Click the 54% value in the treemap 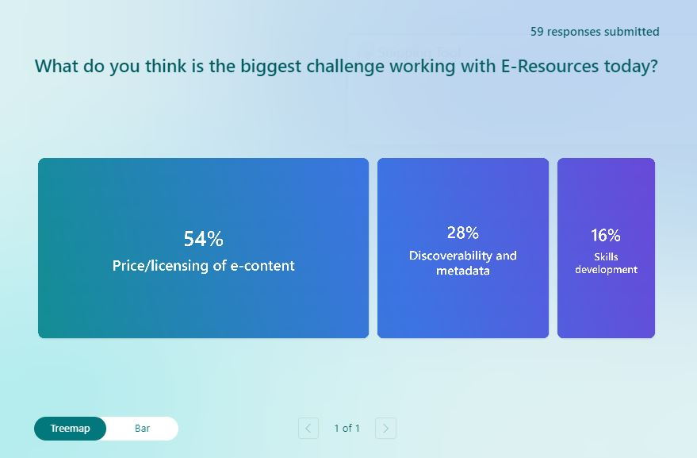point(203,239)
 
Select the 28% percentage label point(463,233)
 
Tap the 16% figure point(606,235)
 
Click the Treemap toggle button point(71,428)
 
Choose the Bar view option point(142,428)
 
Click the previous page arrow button point(308,428)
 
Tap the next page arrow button point(385,428)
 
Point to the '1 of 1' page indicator point(347,428)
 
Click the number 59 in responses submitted point(537,32)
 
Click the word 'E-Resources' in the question point(550,66)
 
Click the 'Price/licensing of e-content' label point(203,266)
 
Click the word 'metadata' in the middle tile point(463,271)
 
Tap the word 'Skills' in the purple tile point(606,257)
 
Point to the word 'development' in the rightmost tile point(606,269)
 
